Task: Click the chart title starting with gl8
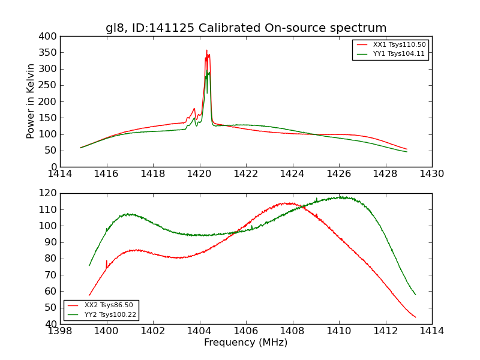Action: coord(246,28)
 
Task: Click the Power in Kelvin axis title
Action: coord(31,101)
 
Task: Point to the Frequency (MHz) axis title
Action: coord(246,343)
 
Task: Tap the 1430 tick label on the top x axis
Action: coord(431,174)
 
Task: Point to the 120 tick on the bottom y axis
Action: coord(50,193)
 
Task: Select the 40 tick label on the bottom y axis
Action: coord(53,324)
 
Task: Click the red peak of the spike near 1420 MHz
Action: coord(206,50)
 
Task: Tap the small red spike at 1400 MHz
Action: coord(106,261)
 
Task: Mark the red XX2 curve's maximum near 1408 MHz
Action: coord(288,203)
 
